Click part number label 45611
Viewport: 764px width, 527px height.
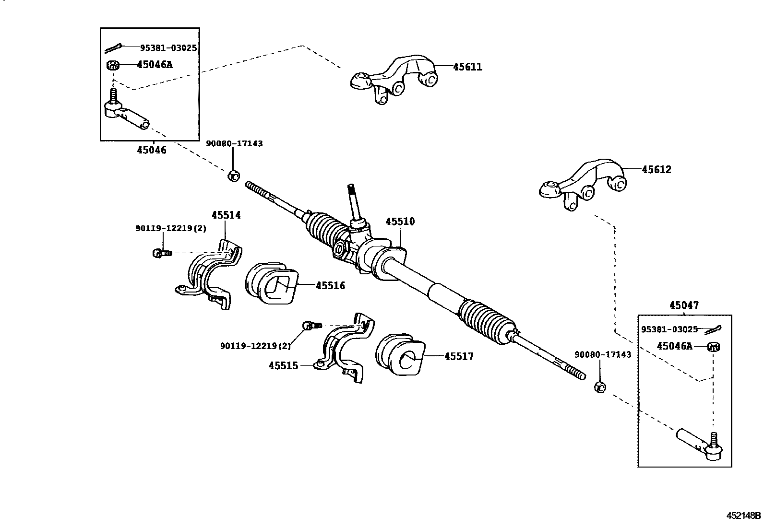pyautogui.click(x=467, y=67)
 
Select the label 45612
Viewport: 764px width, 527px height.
pyautogui.click(x=657, y=170)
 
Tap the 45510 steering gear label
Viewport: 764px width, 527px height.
pyautogui.click(x=400, y=222)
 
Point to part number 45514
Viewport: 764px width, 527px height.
pyautogui.click(x=226, y=215)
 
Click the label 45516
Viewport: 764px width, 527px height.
pyautogui.click(x=330, y=286)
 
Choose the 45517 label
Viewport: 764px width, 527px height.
pyautogui.click(x=459, y=356)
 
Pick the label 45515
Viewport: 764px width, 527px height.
pyautogui.click(x=283, y=366)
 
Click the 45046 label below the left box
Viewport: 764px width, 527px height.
pyautogui.click(x=151, y=150)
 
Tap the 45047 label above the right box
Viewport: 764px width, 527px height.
pyautogui.click(x=684, y=305)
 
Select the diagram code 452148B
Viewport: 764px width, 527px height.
pyautogui.click(x=743, y=516)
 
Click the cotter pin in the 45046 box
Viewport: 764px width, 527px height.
pyautogui.click(x=114, y=48)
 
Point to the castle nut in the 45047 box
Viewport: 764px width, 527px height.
pyautogui.click(x=714, y=346)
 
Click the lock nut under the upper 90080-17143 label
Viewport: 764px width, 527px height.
pyautogui.click(x=233, y=176)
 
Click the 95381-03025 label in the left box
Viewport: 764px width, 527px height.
pyautogui.click(x=168, y=48)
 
